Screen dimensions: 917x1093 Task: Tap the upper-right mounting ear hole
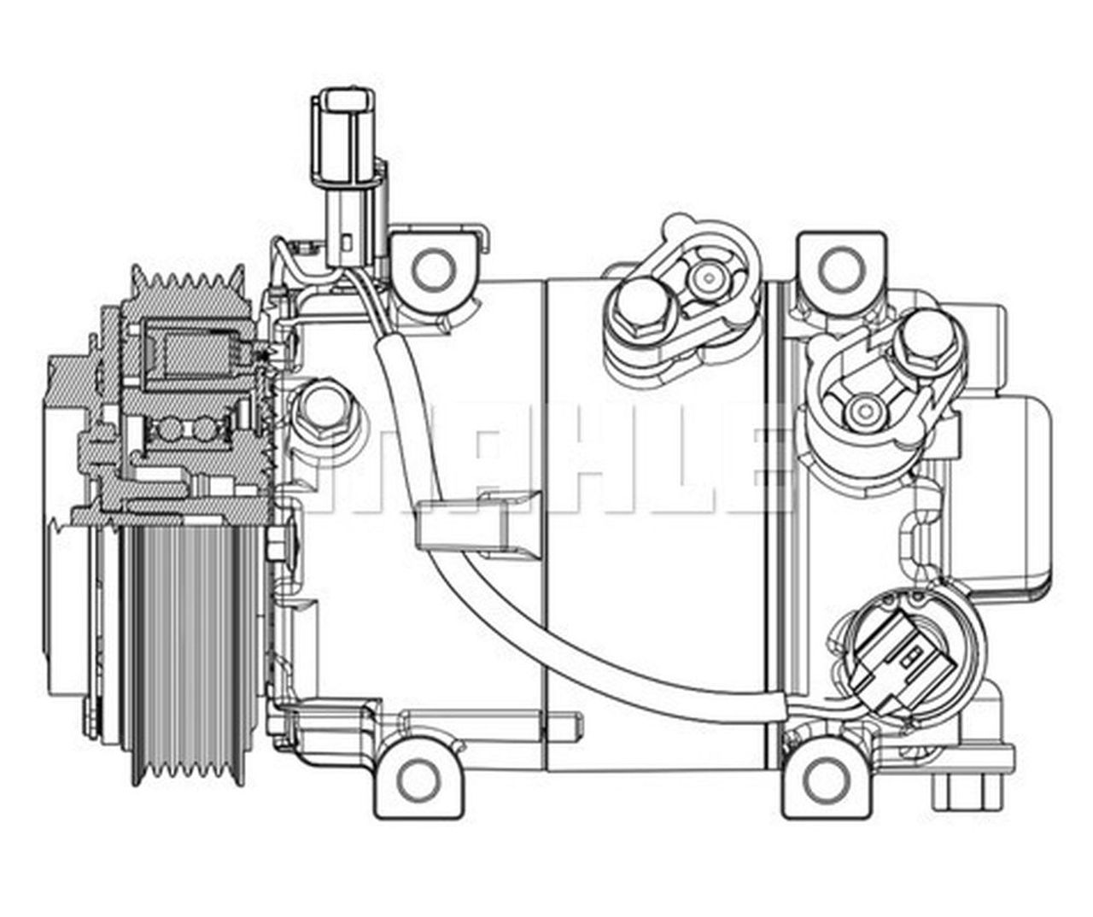click(840, 268)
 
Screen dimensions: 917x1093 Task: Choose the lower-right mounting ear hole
click(823, 777)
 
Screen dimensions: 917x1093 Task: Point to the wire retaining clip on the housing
click(478, 523)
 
